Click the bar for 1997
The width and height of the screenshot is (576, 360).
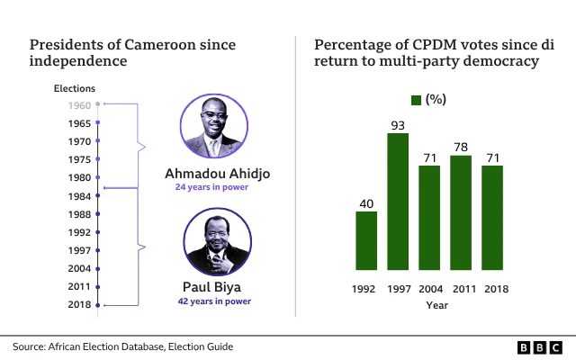[x=398, y=202]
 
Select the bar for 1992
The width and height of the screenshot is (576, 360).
[x=366, y=240]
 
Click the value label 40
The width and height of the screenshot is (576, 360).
[x=366, y=203]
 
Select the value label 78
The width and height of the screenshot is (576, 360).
[x=461, y=147]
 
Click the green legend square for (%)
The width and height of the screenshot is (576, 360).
[x=416, y=99]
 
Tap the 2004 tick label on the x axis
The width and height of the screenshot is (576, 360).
[x=429, y=288]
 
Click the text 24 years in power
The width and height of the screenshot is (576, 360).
[x=212, y=187]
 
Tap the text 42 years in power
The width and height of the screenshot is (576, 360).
[x=213, y=301]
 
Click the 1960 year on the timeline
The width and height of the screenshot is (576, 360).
[x=78, y=104]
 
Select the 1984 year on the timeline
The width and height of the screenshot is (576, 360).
[x=78, y=196]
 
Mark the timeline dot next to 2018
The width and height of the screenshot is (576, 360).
[x=98, y=306]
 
